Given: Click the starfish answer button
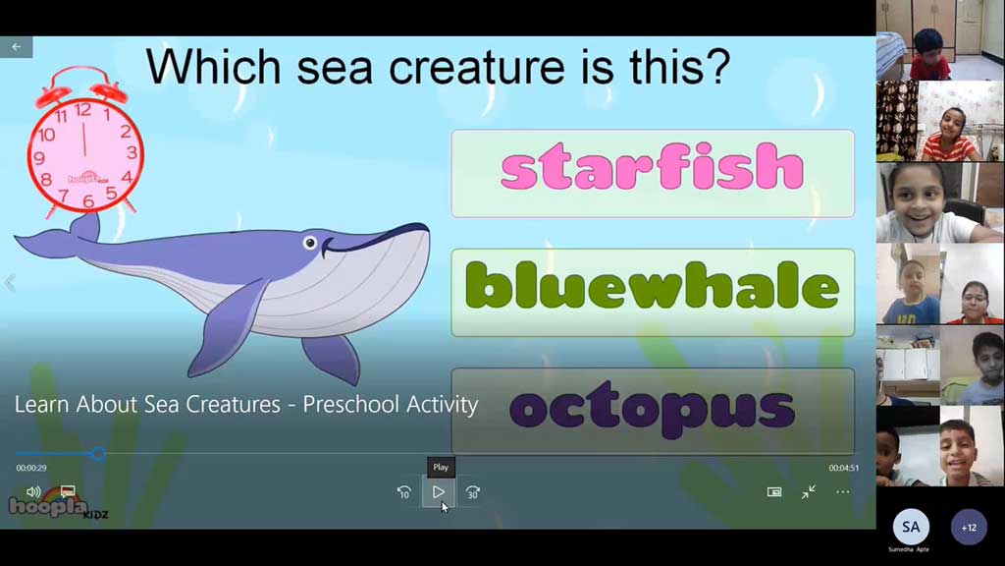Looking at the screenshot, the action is click(x=653, y=173).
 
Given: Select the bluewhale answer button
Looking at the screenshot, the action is click(x=653, y=293).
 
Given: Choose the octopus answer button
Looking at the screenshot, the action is click(x=653, y=411).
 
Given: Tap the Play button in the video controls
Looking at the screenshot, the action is click(x=439, y=492).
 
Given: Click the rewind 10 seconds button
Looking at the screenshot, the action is click(x=404, y=492).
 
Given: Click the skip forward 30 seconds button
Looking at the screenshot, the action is click(x=472, y=492).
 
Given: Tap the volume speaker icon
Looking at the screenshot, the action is click(x=33, y=491).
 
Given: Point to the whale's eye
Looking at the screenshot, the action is click(x=310, y=243).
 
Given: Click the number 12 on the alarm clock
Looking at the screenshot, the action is click(x=82, y=110).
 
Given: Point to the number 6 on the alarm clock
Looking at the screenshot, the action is click(x=87, y=201).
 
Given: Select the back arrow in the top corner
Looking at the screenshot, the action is click(x=16, y=47).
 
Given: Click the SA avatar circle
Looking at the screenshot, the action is click(x=911, y=527).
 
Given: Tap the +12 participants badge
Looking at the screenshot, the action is click(x=969, y=528).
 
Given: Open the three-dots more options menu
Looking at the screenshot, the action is click(x=843, y=492).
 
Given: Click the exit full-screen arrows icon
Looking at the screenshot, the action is click(x=809, y=491).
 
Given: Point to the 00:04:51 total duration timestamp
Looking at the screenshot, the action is click(x=843, y=468).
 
